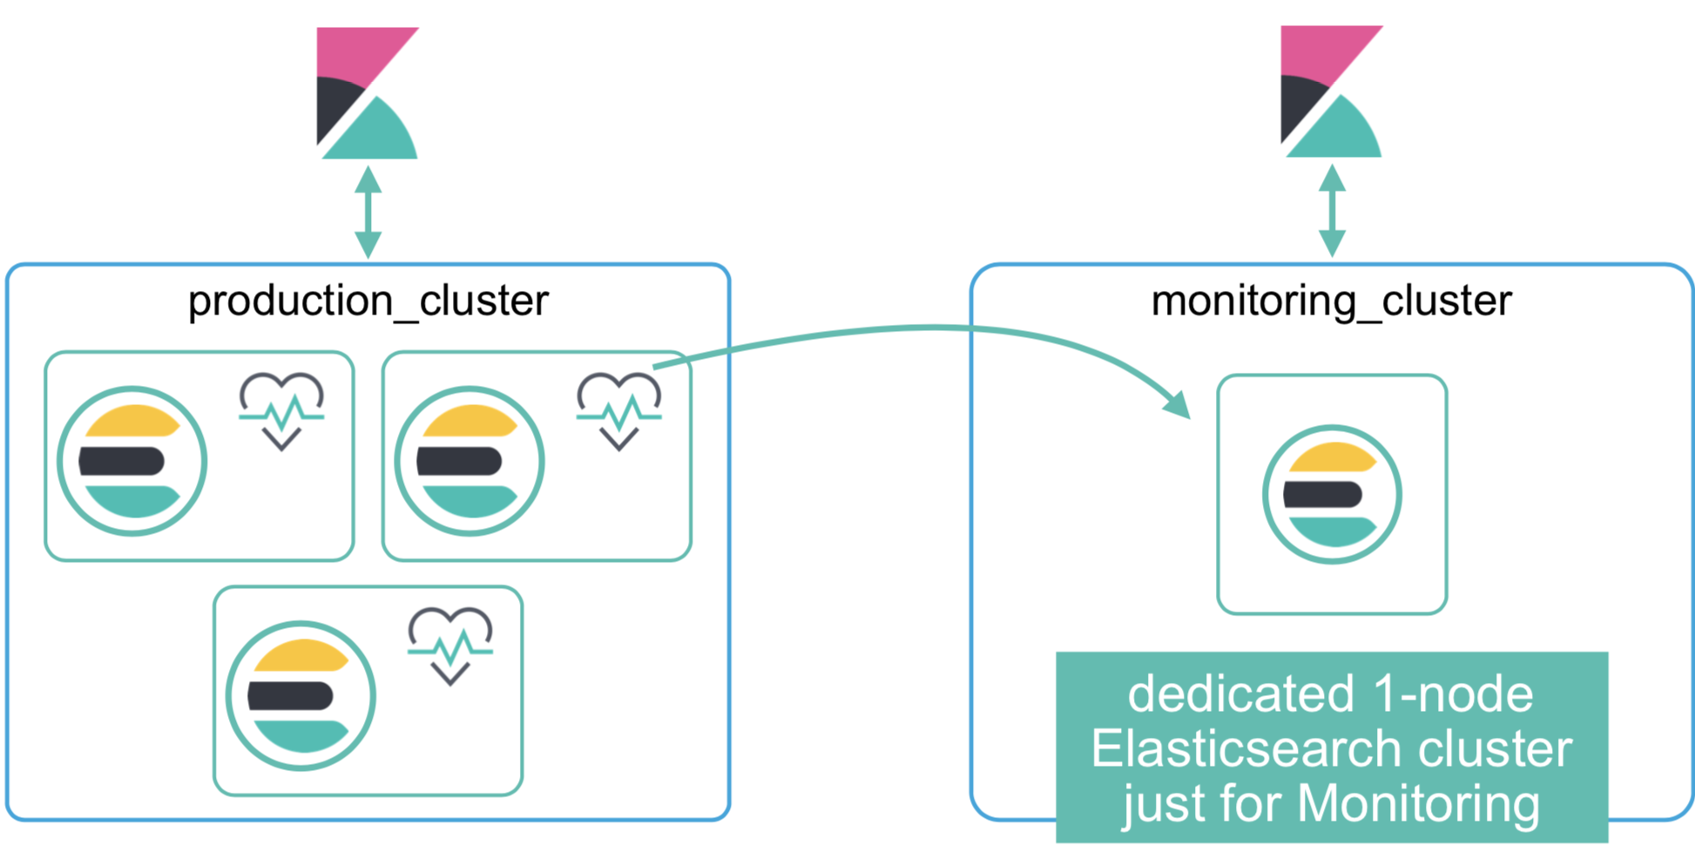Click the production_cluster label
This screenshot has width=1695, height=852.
click(x=368, y=301)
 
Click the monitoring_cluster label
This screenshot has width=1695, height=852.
click(x=1331, y=301)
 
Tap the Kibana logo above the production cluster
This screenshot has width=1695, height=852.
click(x=366, y=93)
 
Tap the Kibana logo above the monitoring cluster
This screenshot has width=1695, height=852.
click(x=1330, y=91)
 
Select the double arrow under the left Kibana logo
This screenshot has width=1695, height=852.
click(x=368, y=212)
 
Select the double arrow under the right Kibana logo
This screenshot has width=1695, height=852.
click(x=1332, y=211)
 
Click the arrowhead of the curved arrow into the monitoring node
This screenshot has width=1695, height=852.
click(x=1178, y=404)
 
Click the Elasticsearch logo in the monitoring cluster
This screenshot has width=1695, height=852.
click(x=1332, y=494)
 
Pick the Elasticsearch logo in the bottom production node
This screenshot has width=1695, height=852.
click(x=301, y=695)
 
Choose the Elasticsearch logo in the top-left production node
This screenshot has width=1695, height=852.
click(x=132, y=461)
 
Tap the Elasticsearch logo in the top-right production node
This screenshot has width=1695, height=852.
click(x=469, y=461)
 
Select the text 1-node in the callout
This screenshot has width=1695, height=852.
click(x=1452, y=694)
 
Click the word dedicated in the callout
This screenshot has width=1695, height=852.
click(x=1240, y=694)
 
